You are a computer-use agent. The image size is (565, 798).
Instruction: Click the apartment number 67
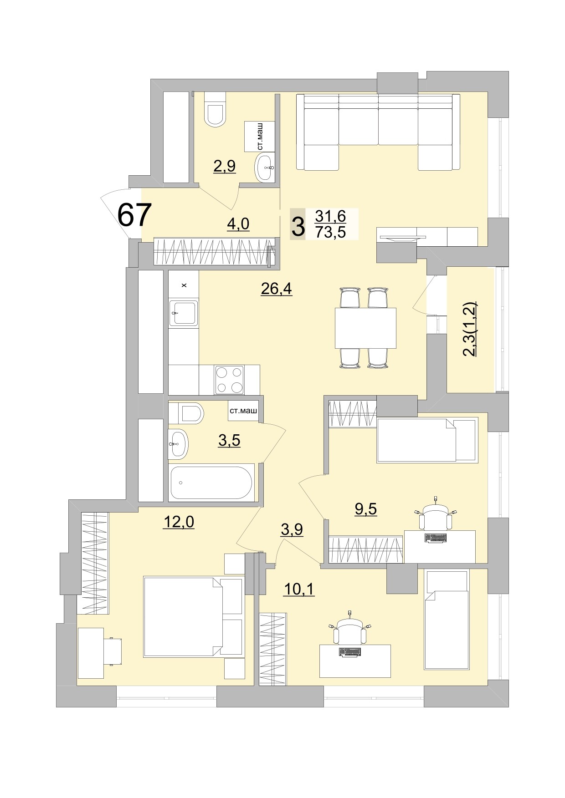pos(134,215)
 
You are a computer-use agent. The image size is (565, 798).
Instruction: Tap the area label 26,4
pos(276,289)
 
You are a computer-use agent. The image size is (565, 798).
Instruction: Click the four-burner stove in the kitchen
pos(229,380)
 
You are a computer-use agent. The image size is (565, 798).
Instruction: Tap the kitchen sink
pos(184,313)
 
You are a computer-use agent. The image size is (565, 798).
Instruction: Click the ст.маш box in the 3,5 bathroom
pos(243,411)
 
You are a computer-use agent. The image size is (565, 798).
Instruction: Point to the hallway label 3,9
pos(292,529)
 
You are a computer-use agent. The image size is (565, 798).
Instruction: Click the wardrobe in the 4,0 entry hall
pos(214,251)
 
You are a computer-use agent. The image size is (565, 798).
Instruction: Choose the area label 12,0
pos(179,522)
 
